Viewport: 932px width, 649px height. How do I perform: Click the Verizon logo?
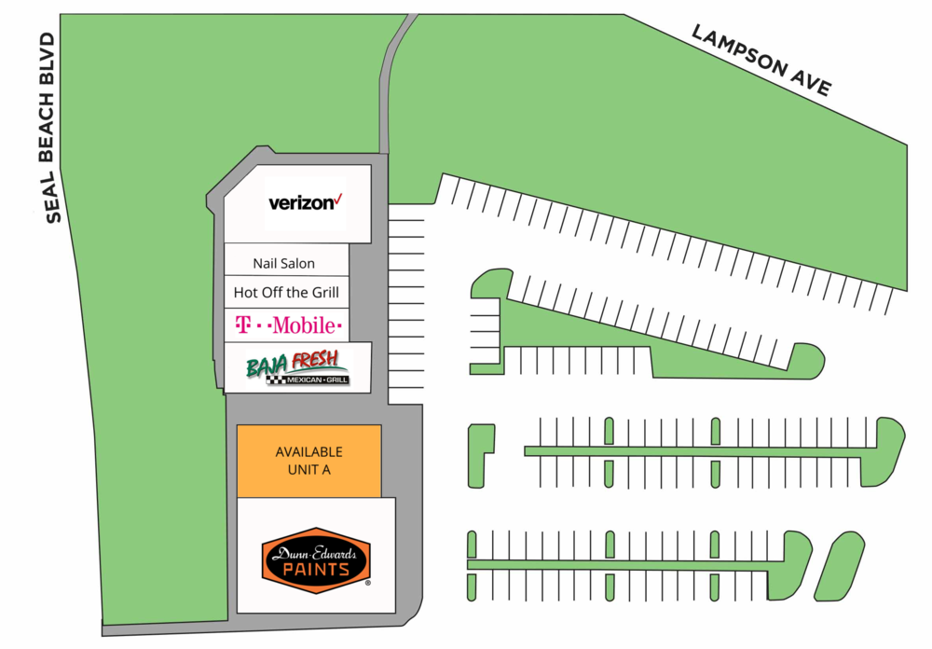coord(306,203)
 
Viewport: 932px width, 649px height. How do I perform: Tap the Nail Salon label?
coord(283,264)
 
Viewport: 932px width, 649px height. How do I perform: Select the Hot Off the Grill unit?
coord(286,292)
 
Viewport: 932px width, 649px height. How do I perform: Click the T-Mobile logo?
coord(288,324)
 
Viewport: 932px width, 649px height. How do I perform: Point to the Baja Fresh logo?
coord(297,367)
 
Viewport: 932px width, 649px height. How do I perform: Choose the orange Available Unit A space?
coord(309,461)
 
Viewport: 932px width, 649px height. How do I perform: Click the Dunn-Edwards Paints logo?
coord(316,559)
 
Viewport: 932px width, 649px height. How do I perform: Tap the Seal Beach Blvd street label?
coord(47,128)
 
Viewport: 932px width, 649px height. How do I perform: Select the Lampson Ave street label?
coord(761,60)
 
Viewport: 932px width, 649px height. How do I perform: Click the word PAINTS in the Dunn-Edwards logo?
coord(316,570)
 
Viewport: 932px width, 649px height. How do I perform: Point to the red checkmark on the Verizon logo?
coord(338,199)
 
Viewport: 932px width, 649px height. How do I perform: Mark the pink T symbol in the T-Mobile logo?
coord(241,324)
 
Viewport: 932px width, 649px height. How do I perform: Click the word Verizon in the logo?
coord(301,203)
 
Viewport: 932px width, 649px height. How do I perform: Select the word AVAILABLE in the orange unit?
coord(309,452)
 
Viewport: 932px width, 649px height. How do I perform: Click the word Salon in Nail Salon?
coord(297,264)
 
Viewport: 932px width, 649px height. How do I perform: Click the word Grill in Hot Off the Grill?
coord(324,292)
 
